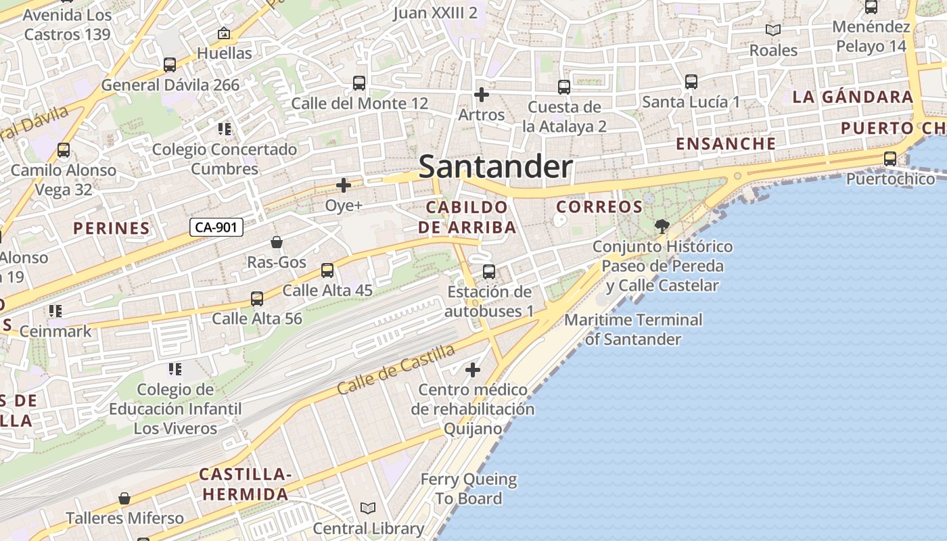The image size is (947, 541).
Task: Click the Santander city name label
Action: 495,167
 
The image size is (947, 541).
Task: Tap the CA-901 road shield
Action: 216,227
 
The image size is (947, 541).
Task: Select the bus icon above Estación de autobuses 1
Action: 489,272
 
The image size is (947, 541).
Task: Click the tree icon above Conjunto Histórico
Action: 662,227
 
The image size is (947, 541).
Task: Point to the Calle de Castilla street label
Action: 396,369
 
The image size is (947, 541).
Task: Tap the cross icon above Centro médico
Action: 473,370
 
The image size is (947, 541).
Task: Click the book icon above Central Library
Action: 368,508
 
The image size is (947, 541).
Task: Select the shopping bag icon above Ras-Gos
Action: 276,242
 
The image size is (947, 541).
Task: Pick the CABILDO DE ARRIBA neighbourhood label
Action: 467,217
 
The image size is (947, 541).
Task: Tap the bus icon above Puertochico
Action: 890,159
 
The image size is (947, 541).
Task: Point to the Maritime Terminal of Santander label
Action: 634,329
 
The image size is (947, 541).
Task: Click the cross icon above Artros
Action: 481,95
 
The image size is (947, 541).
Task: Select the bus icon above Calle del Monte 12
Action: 359,83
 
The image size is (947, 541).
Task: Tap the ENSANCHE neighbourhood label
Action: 726,143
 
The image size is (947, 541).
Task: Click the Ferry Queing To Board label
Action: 469,489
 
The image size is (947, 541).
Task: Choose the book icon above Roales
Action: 773,30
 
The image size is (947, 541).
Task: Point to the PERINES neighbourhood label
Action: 112,228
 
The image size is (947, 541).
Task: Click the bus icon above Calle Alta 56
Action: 257,298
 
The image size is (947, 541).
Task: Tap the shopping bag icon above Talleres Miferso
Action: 124,499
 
